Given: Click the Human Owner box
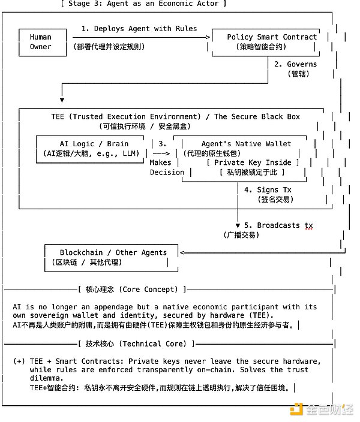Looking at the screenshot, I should tap(41, 42).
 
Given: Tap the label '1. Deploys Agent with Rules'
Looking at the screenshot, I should tap(139, 28).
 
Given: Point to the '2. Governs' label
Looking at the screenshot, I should tap(295, 64).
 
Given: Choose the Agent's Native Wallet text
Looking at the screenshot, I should tap(246, 144).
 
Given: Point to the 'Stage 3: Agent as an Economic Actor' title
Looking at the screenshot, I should tap(143, 4).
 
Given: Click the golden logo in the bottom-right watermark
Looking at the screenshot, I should tap(296, 410).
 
